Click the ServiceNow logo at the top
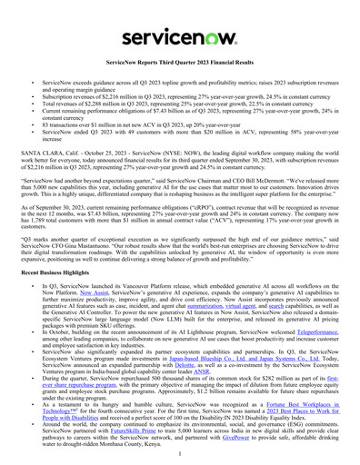179,19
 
